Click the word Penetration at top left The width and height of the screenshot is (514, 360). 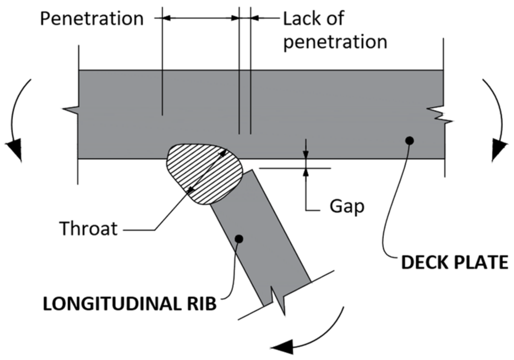[92, 19]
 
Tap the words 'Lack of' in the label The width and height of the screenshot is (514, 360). [313, 19]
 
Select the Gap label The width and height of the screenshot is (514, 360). [346, 207]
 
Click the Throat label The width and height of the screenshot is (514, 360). [88, 229]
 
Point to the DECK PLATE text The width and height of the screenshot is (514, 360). [454, 262]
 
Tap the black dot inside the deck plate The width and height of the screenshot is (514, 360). [409, 140]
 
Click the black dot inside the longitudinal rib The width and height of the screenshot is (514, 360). [239, 239]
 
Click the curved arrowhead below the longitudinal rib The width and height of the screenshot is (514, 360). [283, 346]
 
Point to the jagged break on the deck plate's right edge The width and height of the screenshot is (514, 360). [440, 113]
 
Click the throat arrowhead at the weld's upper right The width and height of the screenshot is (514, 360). [223, 153]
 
